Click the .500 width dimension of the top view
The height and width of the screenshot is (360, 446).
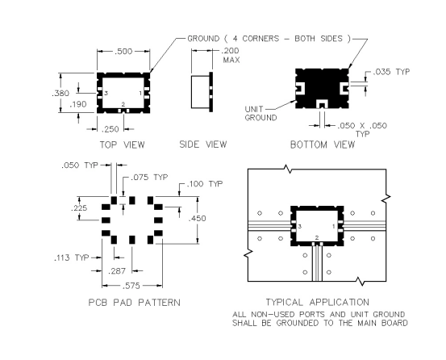pos(123,52)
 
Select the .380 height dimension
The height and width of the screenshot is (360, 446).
pos(60,93)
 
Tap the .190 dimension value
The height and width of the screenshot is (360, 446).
pos(78,104)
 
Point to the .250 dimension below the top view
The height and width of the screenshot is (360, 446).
pos(110,129)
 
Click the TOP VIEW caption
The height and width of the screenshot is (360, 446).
pos(122,144)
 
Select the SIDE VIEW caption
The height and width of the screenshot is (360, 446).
pos(203,144)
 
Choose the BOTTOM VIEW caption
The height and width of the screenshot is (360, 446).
pos(323,144)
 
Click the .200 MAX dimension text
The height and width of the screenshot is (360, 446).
pos(231,55)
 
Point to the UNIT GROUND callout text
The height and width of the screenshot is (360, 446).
pos(261,113)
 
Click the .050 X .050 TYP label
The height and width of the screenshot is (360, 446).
pos(362,129)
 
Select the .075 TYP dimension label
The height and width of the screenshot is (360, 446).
pos(149,178)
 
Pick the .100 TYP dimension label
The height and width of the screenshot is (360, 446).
pos(205,184)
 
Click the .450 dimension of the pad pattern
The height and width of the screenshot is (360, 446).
pos(198,219)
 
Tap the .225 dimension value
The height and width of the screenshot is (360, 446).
pos(79,208)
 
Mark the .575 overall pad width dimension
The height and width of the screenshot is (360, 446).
pos(131,286)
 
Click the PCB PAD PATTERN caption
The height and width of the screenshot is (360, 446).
pos(134,302)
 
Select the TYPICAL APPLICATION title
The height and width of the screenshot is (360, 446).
pos(318,302)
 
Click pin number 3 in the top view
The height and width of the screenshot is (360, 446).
pos(106,93)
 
